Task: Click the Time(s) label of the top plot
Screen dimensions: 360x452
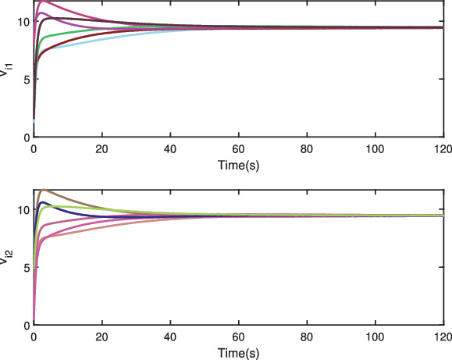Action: [x=238, y=166]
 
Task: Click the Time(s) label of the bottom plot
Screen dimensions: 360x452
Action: [x=238, y=353]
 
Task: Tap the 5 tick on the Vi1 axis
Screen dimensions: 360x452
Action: [x=25, y=79]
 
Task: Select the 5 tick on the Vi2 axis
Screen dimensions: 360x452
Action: [x=25, y=267]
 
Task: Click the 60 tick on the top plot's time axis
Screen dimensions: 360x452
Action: [x=238, y=149]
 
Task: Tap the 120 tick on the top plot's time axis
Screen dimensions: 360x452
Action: [x=443, y=149]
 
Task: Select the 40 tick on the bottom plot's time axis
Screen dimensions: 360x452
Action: [x=170, y=337]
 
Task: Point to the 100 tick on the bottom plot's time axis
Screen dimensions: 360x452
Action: [x=375, y=337]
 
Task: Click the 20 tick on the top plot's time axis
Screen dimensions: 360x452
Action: [x=101, y=149]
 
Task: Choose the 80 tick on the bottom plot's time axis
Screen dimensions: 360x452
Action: [x=307, y=337]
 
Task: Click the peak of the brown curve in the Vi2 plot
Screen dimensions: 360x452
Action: [x=43, y=190]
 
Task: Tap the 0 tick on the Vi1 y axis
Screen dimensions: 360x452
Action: [x=25, y=137]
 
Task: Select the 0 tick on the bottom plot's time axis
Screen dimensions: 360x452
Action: [x=34, y=337]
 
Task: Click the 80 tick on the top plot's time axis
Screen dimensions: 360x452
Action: [x=307, y=149]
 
